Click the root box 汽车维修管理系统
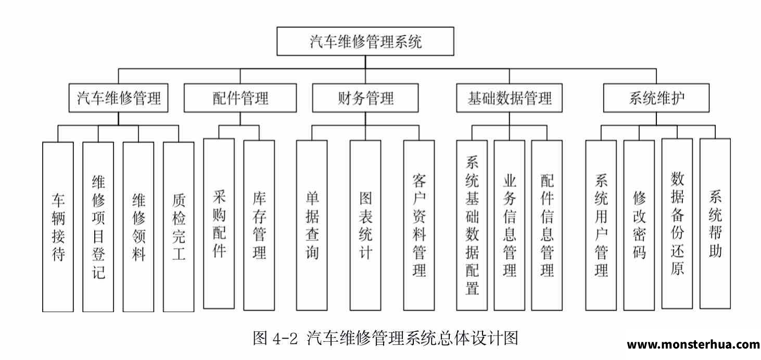tap(365, 42)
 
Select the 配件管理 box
tap(240, 98)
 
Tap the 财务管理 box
tap(365, 98)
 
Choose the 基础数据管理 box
tap(509, 98)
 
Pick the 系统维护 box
tap(656, 98)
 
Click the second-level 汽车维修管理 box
tap(118, 98)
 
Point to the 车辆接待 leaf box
tap(58, 227)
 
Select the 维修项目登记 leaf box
tap(98, 227)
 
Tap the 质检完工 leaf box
tap(179, 227)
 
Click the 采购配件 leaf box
tap(219, 224)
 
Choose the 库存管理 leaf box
tap(259, 225)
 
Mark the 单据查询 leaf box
tap(312, 225)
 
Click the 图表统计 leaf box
tap(365, 225)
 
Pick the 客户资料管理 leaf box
tap(419, 225)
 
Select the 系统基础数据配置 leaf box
tap(472, 225)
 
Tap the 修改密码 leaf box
tap(639, 225)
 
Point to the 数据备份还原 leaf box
tap(677, 224)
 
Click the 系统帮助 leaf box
tap(715, 224)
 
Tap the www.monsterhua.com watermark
tap(693, 344)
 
